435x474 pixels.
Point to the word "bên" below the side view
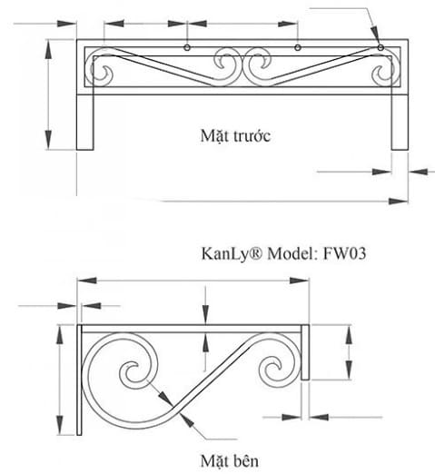pos(243,460)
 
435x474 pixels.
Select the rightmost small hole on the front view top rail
pos(381,47)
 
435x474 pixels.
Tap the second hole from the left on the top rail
pos(186,47)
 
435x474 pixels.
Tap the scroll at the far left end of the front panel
pos(103,71)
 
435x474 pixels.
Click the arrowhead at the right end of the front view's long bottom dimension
pos(400,202)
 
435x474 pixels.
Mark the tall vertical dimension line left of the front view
pos(48,94)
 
